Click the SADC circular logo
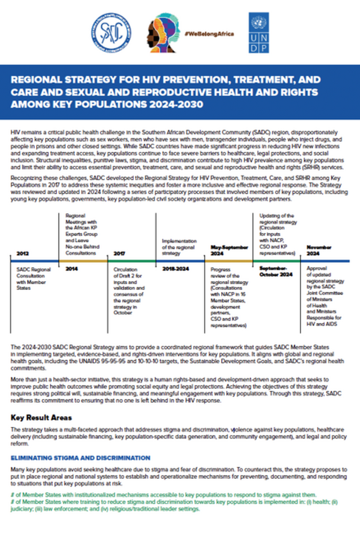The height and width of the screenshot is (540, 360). (110, 32)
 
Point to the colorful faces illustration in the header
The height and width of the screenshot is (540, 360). (163, 34)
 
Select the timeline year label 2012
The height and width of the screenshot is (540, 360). (24, 254)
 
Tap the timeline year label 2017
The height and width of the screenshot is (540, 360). (119, 254)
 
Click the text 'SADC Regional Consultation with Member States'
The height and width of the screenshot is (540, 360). (34, 279)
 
